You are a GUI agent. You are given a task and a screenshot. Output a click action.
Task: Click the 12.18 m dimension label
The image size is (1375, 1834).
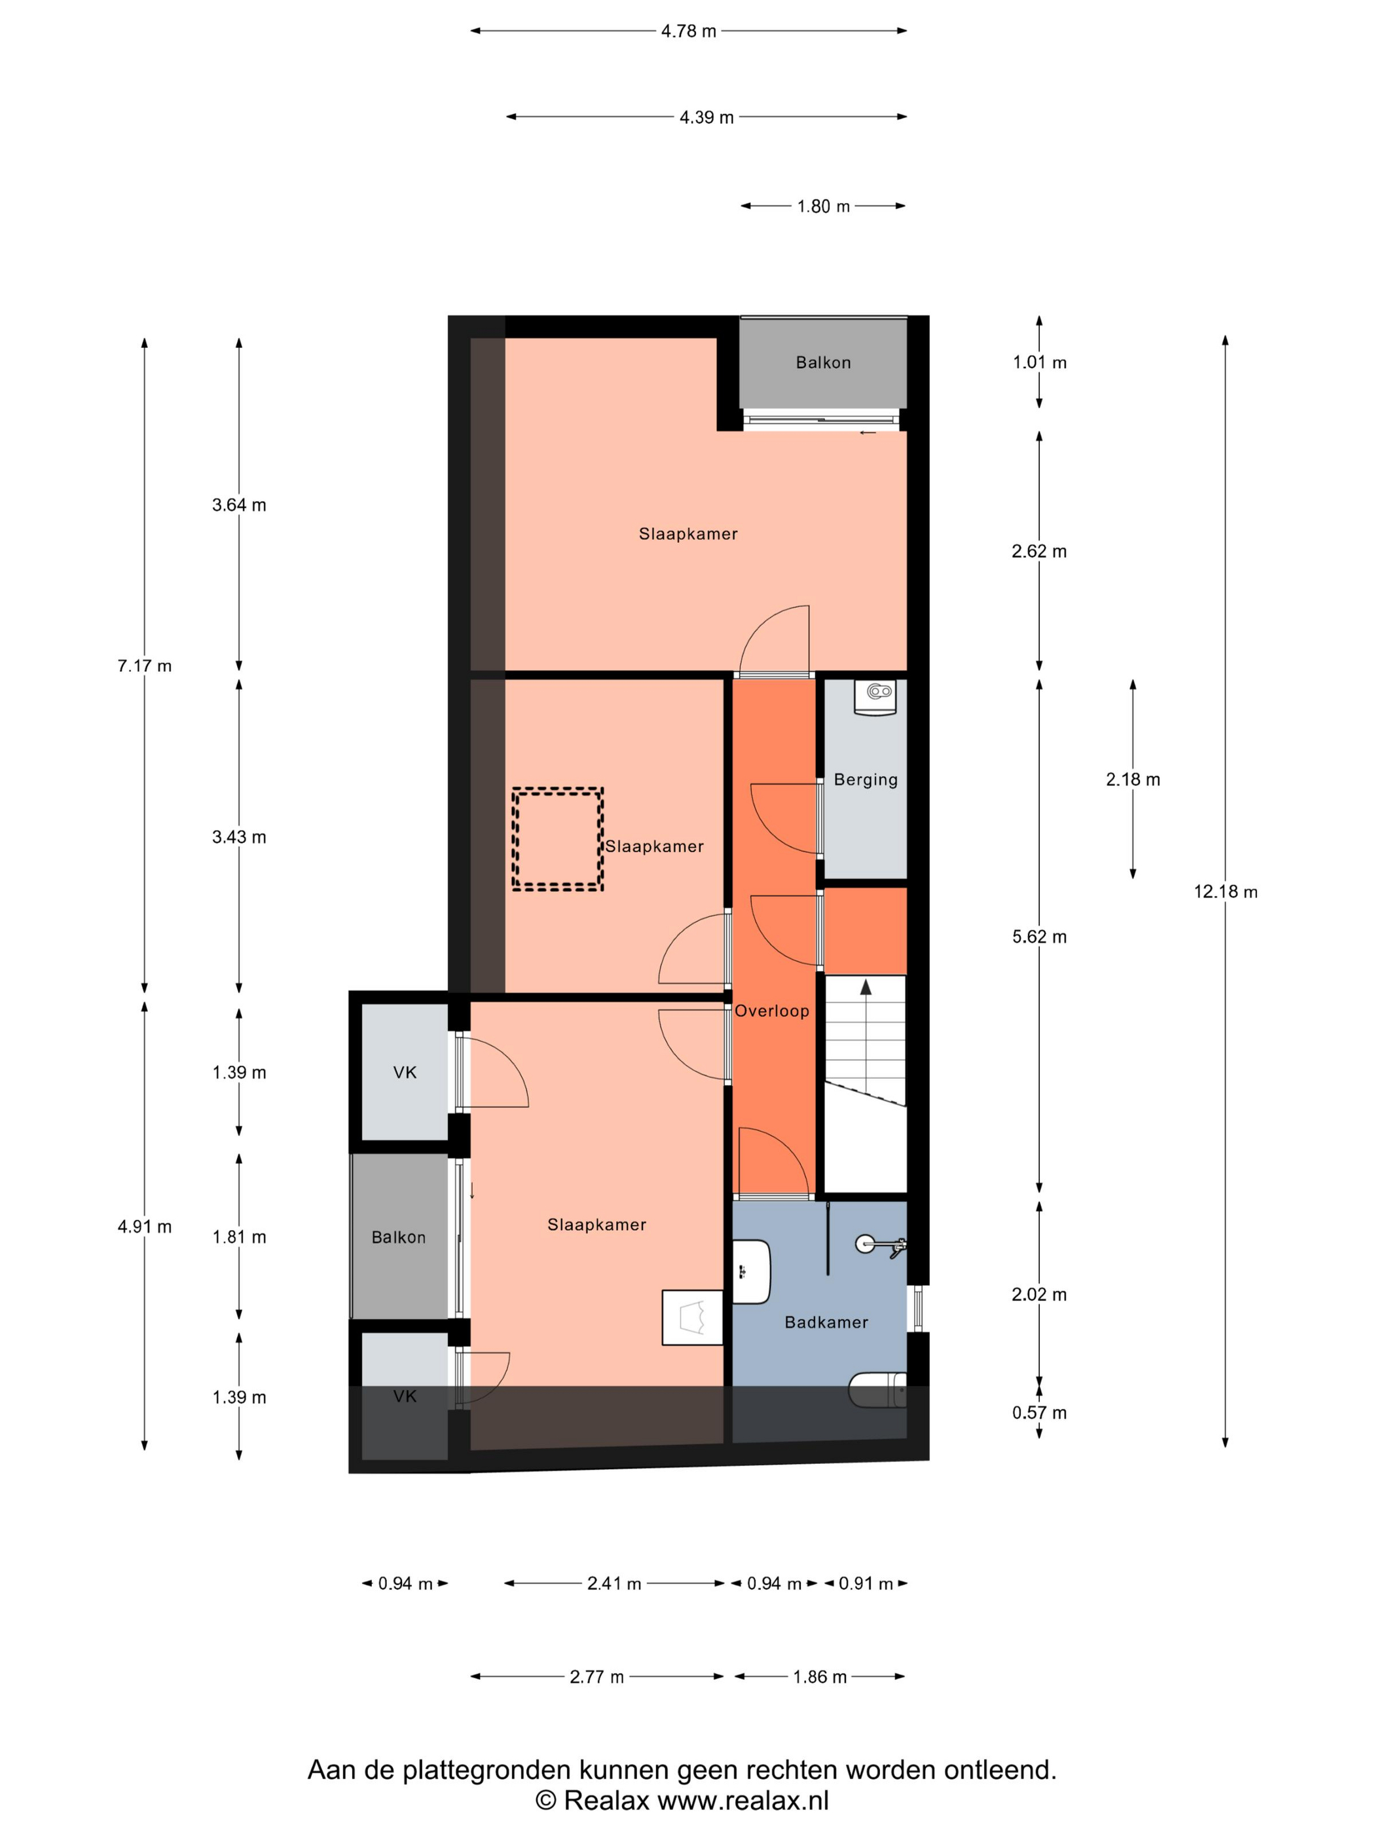(x=1225, y=892)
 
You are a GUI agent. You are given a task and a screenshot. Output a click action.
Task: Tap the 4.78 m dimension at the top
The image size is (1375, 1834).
(x=688, y=31)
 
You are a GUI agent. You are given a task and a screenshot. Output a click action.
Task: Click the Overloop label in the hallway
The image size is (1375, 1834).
(x=771, y=1011)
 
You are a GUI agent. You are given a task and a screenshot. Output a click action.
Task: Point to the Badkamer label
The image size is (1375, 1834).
(x=826, y=1322)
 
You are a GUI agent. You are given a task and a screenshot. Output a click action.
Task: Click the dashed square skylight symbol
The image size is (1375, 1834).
(x=557, y=839)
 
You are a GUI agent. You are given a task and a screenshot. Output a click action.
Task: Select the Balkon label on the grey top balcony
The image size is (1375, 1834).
(x=823, y=362)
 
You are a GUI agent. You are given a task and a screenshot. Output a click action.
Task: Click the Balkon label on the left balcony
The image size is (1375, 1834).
(x=399, y=1237)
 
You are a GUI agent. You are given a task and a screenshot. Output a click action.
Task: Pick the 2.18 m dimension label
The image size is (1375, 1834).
(x=1132, y=779)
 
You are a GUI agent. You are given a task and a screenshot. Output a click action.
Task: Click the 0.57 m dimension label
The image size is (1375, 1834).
(x=1038, y=1413)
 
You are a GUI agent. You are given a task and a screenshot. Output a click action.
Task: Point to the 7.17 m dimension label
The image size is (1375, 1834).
(x=144, y=665)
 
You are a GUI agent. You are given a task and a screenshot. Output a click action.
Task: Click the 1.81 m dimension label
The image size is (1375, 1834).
(x=239, y=1237)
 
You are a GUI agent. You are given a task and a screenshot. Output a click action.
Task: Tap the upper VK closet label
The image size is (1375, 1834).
(x=405, y=1073)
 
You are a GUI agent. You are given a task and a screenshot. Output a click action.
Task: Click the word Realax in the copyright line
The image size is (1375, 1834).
(x=607, y=1801)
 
